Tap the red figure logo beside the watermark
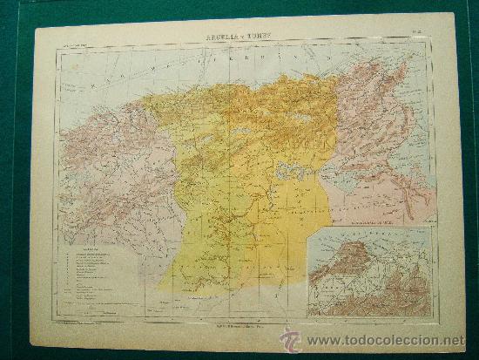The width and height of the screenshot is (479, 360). [x=290, y=339]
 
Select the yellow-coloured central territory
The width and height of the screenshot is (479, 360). [x=244, y=192]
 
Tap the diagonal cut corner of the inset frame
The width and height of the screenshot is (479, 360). [x=314, y=235]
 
